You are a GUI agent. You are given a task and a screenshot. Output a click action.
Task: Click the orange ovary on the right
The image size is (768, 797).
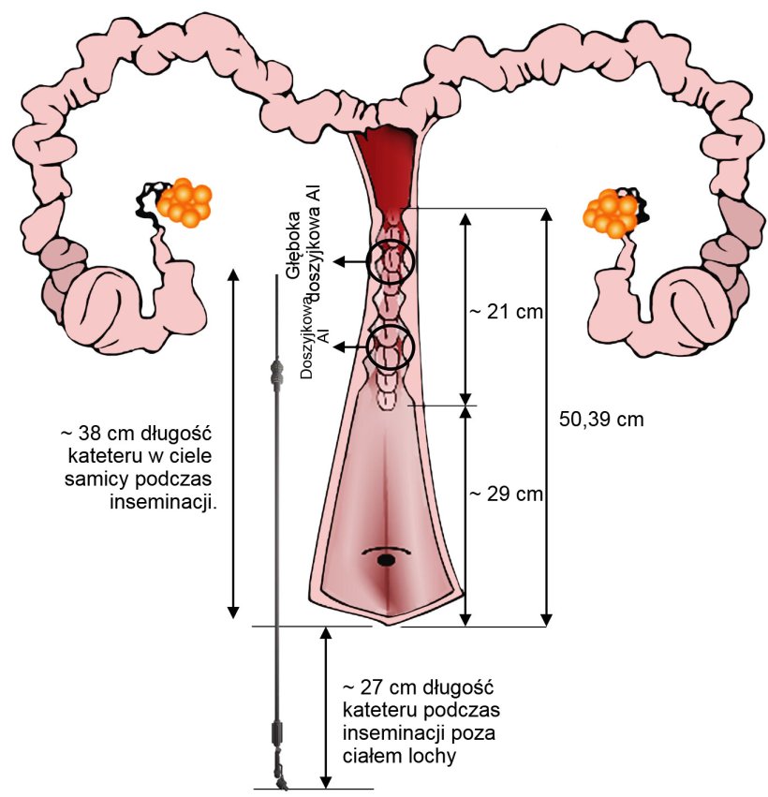click(x=611, y=213)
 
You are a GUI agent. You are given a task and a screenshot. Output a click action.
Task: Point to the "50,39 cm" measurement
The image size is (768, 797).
click(x=601, y=419)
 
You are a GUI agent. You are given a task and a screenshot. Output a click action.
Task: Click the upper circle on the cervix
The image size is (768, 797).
click(x=391, y=262)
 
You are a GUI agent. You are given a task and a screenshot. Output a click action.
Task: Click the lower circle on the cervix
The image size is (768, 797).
click(x=390, y=347)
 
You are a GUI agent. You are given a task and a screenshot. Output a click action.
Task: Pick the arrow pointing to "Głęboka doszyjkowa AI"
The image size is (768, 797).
click(x=350, y=262)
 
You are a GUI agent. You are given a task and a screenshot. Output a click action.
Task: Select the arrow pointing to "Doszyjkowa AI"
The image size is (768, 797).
click(x=350, y=347)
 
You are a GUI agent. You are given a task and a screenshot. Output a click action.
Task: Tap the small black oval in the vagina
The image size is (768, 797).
click(x=385, y=560)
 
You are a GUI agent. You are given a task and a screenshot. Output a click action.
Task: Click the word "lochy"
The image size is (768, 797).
click(x=436, y=755)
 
